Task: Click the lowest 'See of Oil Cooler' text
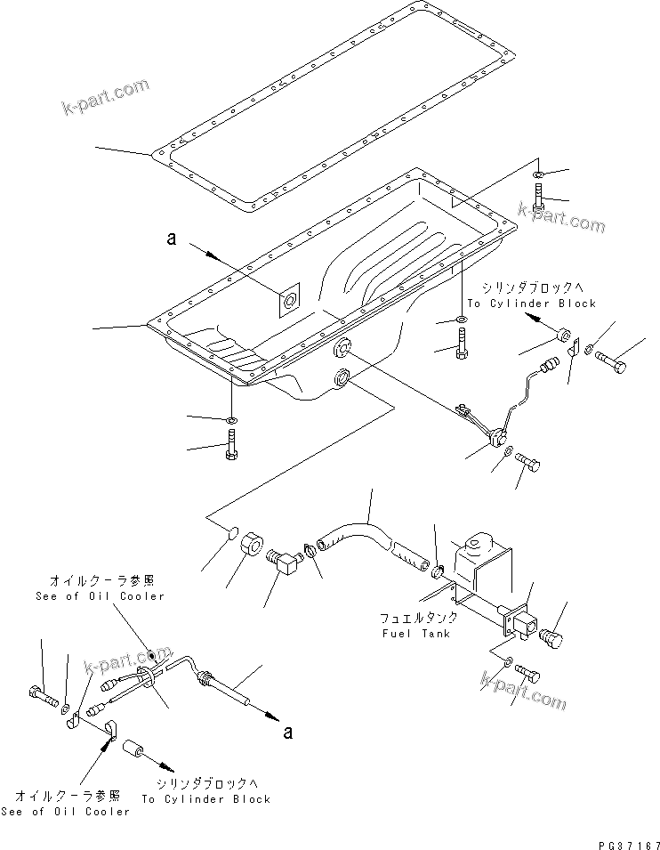[78, 811]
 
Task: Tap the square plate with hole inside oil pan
[288, 301]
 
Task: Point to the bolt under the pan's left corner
[231, 443]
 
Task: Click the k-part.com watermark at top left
[105, 97]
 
